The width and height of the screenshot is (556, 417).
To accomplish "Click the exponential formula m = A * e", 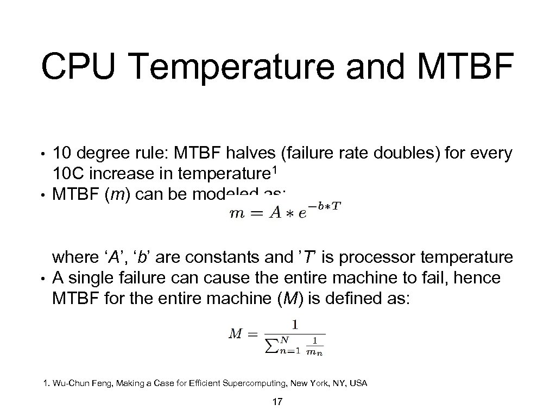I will tap(286, 211).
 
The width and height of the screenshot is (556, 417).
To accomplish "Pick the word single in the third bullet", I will tap(95, 277).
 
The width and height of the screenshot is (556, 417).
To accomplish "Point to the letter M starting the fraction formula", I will tap(235, 333).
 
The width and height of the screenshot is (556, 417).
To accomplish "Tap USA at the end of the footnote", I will tap(358, 384).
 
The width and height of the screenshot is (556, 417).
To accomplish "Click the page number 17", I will tap(277, 402).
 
